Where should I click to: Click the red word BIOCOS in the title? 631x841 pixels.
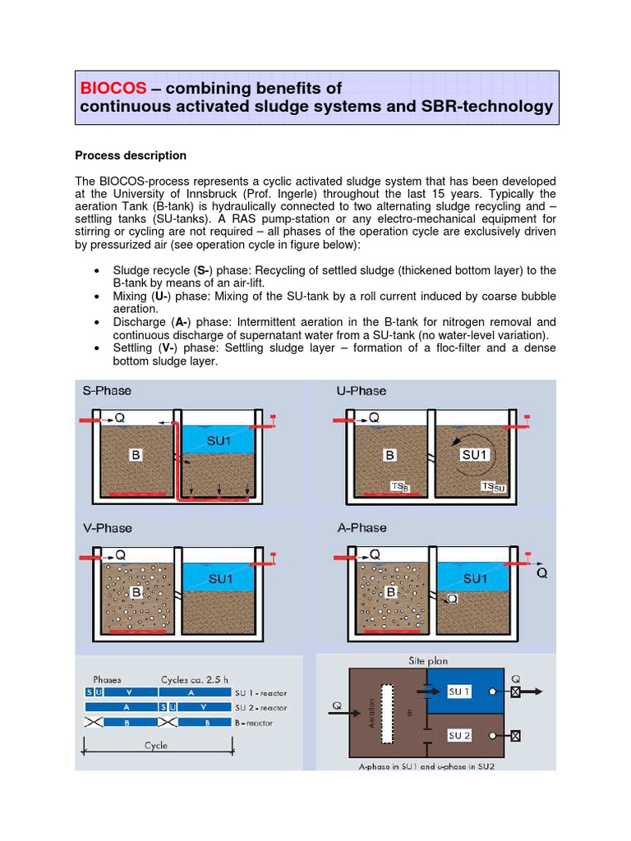(113, 88)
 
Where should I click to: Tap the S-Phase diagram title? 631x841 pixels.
(107, 391)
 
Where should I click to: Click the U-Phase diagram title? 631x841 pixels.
(362, 391)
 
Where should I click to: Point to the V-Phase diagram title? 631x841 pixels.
(107, 528)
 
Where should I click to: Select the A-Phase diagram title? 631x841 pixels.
(362, 528)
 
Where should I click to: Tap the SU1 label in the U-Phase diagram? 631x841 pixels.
(475, 454)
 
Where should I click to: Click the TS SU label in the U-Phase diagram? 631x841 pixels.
(494, 488)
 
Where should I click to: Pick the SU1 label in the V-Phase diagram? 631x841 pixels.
(221, 579)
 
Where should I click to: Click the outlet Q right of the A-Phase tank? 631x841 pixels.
(541, 573)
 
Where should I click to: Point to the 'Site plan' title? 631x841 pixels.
(429, 660)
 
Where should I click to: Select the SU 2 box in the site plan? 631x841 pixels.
(459, 736)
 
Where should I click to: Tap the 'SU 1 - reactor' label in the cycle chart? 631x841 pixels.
(262, 693)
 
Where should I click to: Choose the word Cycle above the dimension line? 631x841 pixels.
(155, 745)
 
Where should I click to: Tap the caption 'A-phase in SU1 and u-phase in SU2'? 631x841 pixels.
(427, 766)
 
